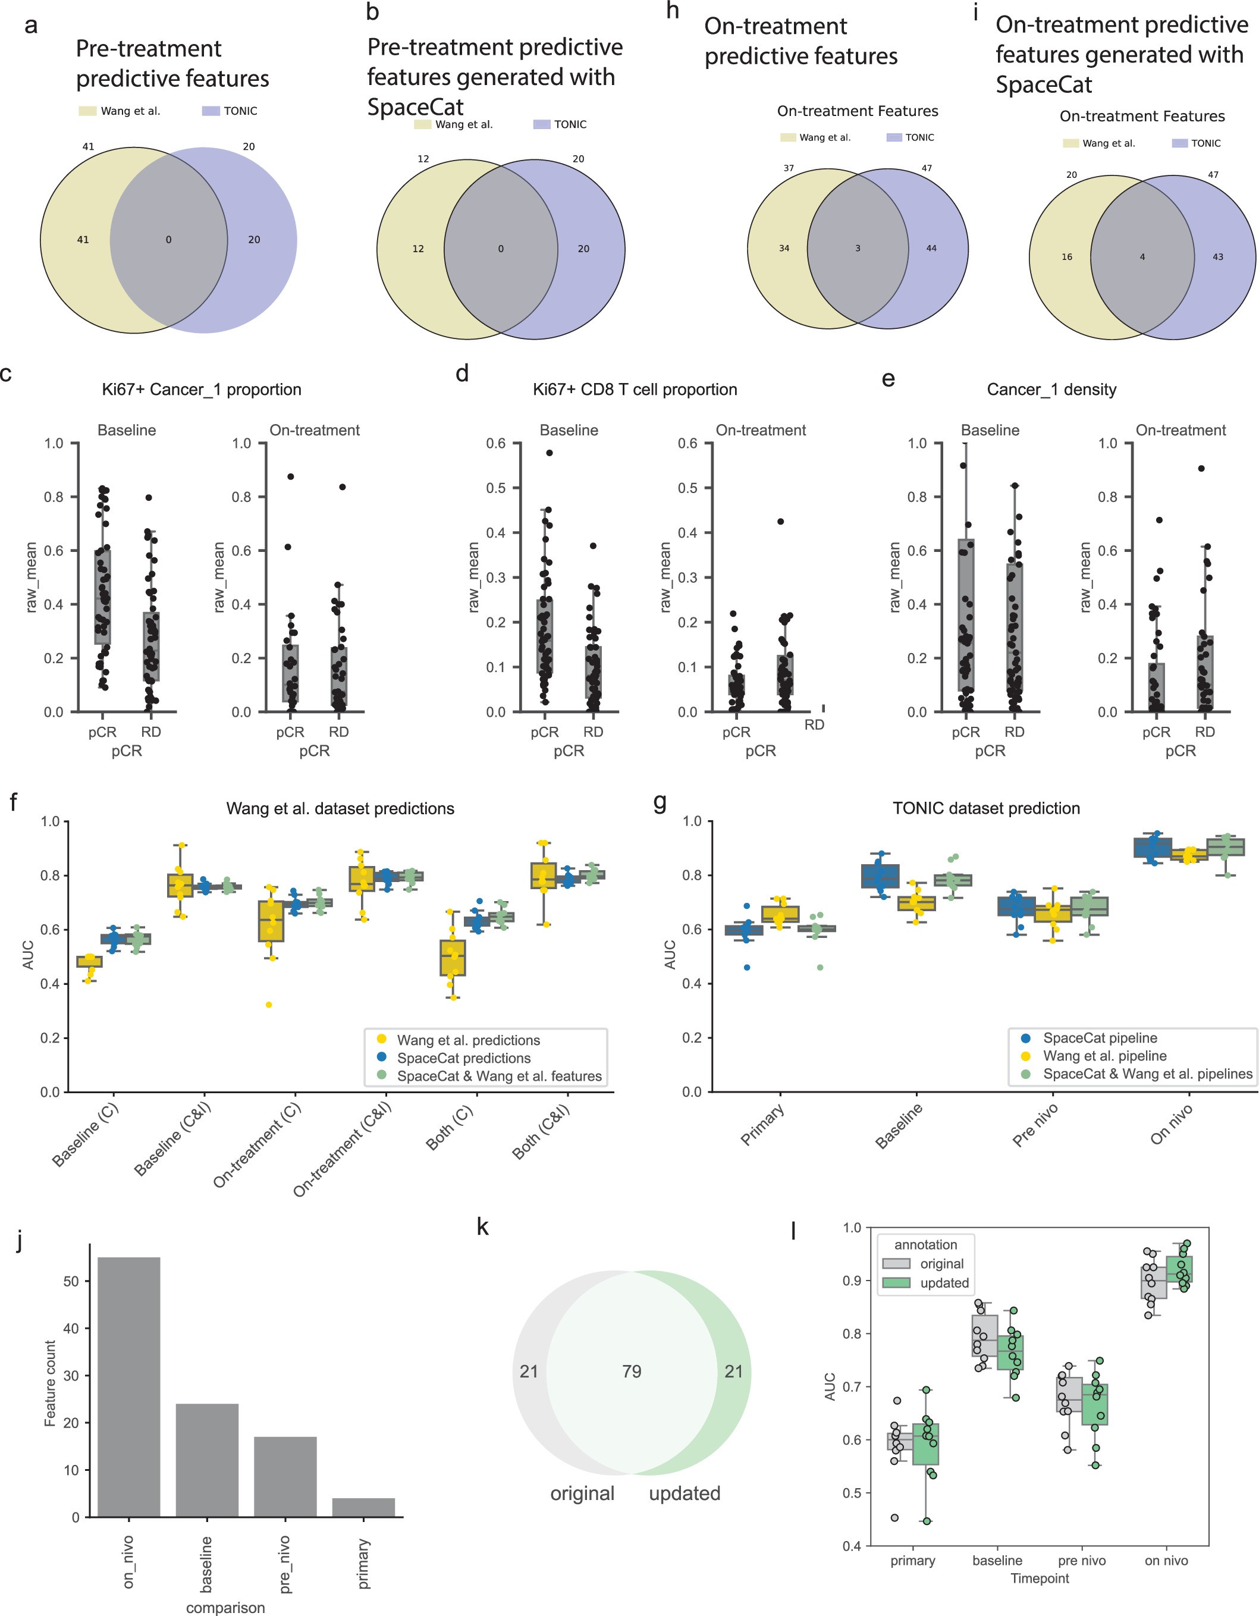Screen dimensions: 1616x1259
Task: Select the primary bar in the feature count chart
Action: pyautogui.click(x=363, y=1507)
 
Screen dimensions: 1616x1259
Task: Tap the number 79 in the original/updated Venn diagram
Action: pyautogui.click(x=631, y=1371)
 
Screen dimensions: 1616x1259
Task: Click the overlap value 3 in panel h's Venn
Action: pyautogui.click(x=858, y=249)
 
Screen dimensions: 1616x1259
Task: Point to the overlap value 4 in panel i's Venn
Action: pyautogui.click(x=1141, y=258)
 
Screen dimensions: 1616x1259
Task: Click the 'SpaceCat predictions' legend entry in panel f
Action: pyautogui.click(x=463, y=1058)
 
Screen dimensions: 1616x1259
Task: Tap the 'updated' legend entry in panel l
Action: pyautogui.click(x=943, y=1283)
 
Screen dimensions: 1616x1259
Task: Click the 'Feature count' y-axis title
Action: pyautogui.click(x=51, y=1383)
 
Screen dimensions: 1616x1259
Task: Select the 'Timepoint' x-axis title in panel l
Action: pyautogui.click(x=1040, y=1579)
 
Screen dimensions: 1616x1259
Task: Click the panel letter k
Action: pyautogui.click(x=482, y=1227)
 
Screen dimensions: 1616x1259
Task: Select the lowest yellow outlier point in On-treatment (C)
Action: pyautogui.click(x=269, y=1005)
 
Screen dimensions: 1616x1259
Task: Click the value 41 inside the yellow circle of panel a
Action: pyautogui.click(x=83, y=240)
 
